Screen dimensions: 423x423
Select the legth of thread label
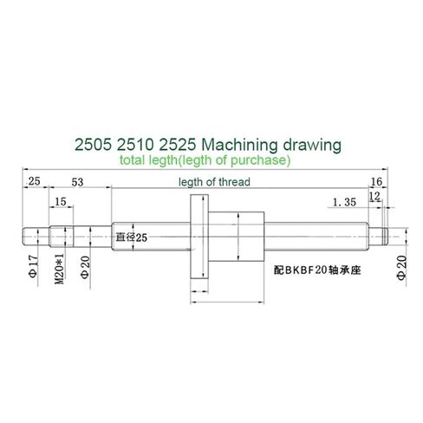214,182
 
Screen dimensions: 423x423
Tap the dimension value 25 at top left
35,182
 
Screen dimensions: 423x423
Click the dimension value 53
76,182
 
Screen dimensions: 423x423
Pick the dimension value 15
59,202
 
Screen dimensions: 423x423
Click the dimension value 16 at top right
376,182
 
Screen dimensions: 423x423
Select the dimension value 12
374,196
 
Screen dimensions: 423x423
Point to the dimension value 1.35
345,202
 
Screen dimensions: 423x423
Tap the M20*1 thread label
58,267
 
